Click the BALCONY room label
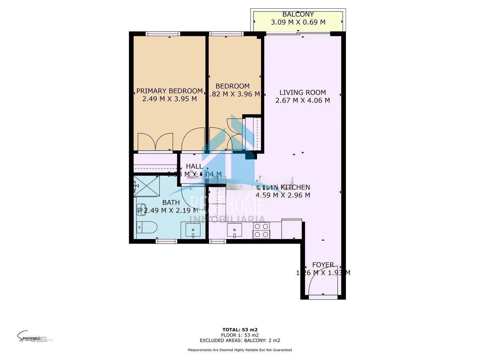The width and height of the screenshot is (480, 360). pos(298,14)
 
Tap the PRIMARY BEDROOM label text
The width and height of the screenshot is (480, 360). pos(169,91)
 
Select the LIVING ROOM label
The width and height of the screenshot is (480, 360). pos(302,92)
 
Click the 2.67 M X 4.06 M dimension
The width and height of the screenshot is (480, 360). pos(302,100)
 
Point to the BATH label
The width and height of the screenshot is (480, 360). pos(171,203)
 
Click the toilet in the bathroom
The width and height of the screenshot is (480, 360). pos(147,228)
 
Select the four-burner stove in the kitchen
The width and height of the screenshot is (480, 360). pos(261,230)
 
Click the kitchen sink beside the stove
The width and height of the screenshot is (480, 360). pos(235,230)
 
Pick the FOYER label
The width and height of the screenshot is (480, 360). pos(323,265)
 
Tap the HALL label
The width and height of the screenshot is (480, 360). pos(194,166)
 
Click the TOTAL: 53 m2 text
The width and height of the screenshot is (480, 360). pos(240,330)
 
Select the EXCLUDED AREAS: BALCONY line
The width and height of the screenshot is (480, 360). pos(240,340)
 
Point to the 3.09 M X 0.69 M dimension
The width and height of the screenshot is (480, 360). pos(298,22)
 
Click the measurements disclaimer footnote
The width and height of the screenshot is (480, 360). pos(240,350)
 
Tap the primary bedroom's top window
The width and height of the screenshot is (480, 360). pos(163,34)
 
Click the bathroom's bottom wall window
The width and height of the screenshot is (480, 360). pos(166,241)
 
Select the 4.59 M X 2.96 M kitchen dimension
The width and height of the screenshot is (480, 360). pos(283,195)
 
